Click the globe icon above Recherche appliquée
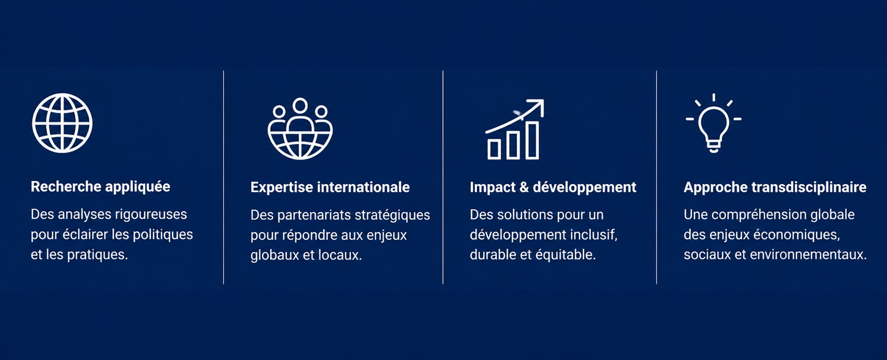pos(62,123)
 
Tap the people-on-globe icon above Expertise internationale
pos(300,129)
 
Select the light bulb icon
pos(713,123)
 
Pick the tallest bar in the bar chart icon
pos(532,140)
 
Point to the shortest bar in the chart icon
pos(494,149)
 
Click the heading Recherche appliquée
pos(101,187)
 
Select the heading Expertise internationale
pos(330,187)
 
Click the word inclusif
pos(594,235)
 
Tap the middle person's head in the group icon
pos(300,105)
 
